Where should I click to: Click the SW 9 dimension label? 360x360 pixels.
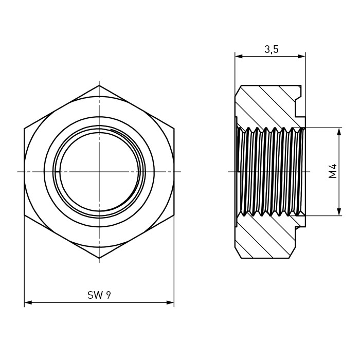point(99,295)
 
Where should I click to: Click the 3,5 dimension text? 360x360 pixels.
point(272,49)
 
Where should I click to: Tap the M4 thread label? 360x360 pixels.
point(332,171)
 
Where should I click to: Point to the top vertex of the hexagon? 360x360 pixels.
point(99,85)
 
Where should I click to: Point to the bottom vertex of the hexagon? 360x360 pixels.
point(99,258)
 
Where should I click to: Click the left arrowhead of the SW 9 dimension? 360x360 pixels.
point(28,302)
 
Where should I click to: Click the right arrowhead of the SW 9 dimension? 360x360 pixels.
point(170,302)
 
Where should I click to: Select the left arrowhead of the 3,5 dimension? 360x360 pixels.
point(239,56)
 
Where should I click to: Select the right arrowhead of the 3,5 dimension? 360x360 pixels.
point(301,56)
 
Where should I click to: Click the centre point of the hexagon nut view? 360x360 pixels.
point(99,171)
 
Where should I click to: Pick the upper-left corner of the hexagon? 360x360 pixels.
point(24,129)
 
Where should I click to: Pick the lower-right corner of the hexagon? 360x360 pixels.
point(174,215)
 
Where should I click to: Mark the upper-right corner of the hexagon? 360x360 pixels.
point(174,129)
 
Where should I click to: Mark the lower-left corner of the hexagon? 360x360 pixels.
point(24,215)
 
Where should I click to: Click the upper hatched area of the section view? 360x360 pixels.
point(266,105)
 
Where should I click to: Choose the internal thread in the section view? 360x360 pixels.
point(271,172)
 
